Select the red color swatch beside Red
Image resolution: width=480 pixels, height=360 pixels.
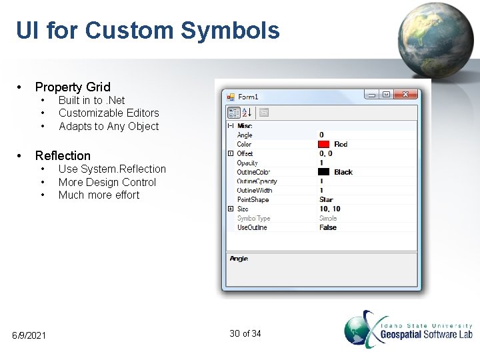point(324,144)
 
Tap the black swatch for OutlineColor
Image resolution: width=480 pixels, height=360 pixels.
point(324,172)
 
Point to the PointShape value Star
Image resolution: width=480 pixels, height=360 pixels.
point(326,199)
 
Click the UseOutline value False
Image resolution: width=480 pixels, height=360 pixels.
point(328,227)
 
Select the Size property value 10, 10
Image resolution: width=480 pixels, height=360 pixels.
point(330,209)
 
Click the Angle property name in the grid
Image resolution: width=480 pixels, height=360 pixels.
point(245,135)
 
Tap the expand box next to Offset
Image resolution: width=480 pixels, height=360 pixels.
point(231,153)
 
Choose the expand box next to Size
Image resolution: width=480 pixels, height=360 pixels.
point(231,209)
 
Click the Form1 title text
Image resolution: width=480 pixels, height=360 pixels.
point(248,97)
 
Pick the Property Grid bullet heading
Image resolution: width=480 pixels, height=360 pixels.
point(73,87)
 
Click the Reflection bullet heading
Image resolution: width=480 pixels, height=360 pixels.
point(63,155)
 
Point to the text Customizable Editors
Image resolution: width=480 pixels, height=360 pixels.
point(109,113)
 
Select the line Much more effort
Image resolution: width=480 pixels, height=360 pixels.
point(99,195)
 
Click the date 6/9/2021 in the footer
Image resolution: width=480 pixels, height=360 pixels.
point(29,335)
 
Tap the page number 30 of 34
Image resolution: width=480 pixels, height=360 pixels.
point(245,333)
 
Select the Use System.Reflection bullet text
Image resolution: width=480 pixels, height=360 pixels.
point(112,169)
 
